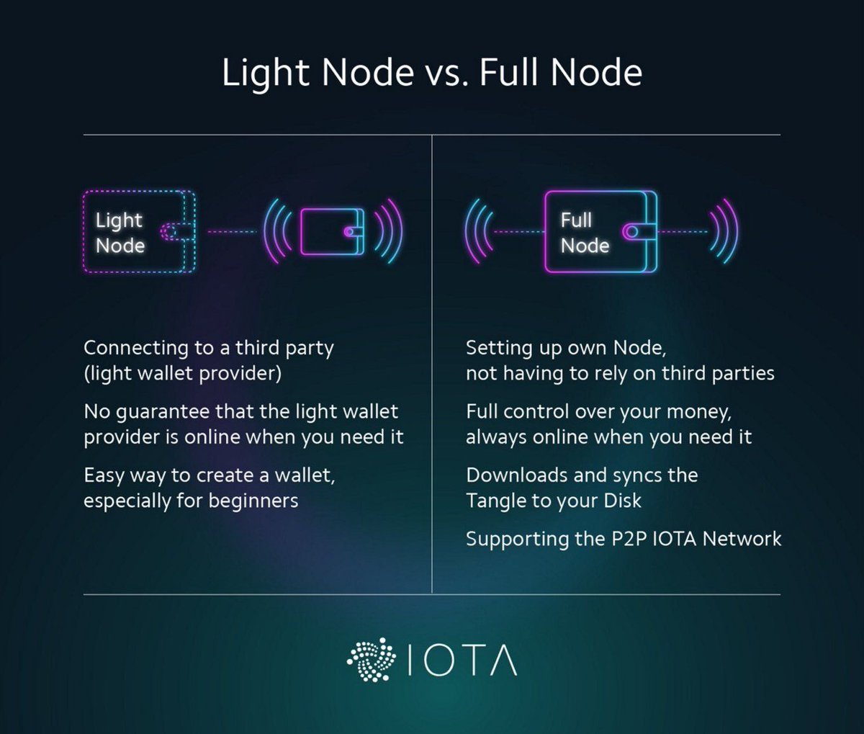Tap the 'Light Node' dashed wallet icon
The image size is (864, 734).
click(x=139, y=232)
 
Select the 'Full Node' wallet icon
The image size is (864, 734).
click(x=600, y=232)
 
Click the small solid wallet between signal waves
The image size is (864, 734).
click(x=332, y=232)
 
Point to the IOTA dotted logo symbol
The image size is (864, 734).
click(x=372, y=659)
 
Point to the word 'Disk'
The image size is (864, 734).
click(x=623, y=501)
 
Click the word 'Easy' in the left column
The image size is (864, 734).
click(x=104, y=476)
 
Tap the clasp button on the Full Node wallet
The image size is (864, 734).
click(x=631, y=232)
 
